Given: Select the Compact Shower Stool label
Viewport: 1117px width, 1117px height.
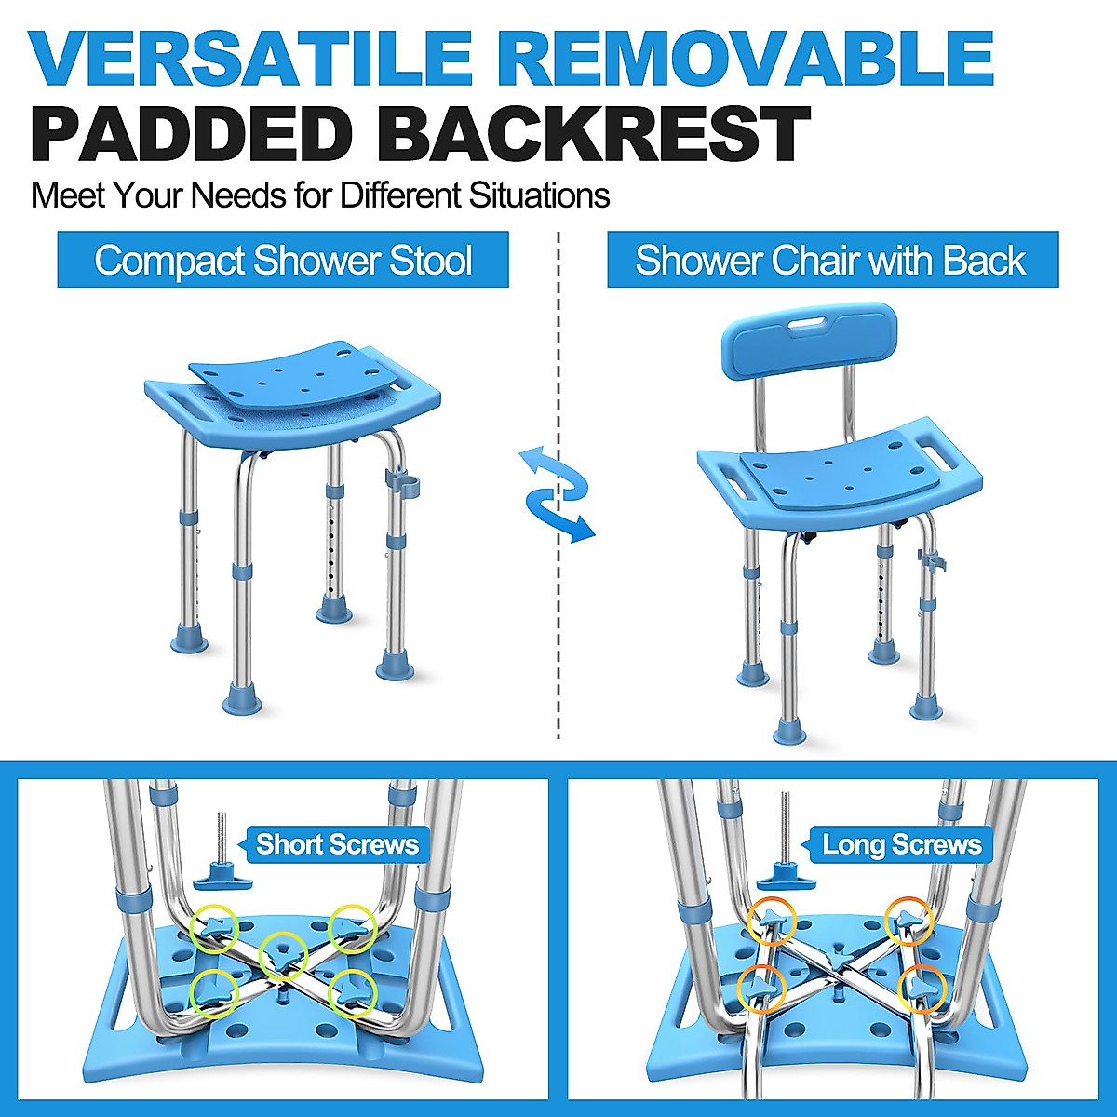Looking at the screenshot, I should tap(283, 260).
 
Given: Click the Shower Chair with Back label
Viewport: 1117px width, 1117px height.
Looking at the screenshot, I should tap(831, 260).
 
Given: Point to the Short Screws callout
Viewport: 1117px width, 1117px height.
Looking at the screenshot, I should tap(337, 844).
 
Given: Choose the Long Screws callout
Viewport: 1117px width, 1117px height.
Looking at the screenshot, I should tap(901, 844).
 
